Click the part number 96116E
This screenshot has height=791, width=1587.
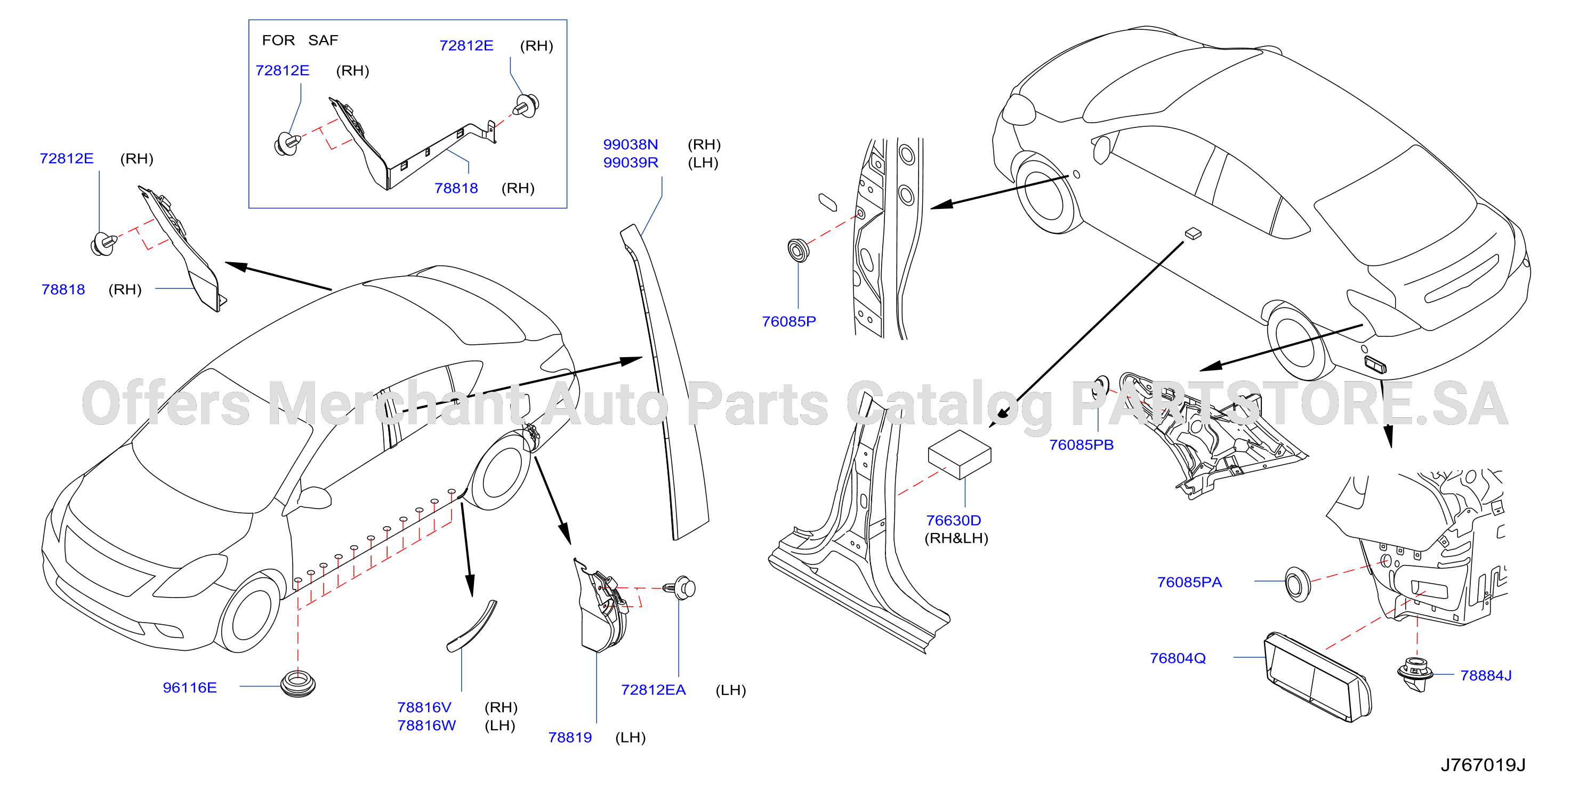[x=190, y=688]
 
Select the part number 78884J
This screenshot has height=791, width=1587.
[x=1486, y=675]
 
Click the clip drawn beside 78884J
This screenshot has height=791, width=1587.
[x=1415, y=674]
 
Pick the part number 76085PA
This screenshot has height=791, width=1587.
[x=1189, y=582]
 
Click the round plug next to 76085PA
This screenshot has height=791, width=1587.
[x=1298, y=584]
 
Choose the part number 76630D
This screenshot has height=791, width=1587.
[x=954, y=521]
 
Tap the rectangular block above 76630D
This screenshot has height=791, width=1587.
[x=959, y=454]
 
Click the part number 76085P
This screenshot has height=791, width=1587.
[x=788, y=321]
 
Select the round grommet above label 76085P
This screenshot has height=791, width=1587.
[x=799, y=251]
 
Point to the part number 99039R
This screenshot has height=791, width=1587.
[x=630, y=163]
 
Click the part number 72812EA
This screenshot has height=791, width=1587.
[x=653, y=690]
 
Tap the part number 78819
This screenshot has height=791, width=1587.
[x=570, y=737]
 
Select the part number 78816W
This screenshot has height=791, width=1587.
[x=426, y=725]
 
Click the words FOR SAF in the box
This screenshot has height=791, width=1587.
[x=300, y=40]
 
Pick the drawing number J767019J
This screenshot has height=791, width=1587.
[x=1483, y=765]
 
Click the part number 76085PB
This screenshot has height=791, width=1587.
[x=1081, y=445]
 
